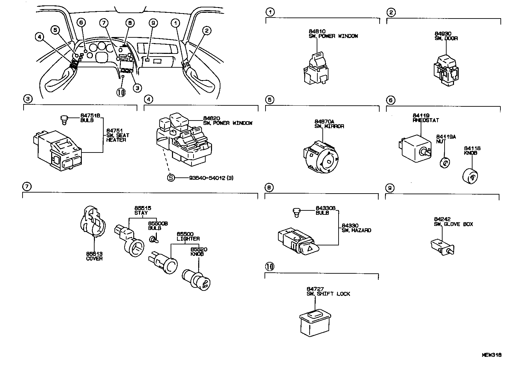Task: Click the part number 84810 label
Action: (x=317, y=31)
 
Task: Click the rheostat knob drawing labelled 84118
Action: (x=471, y=176)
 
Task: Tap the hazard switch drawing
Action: (x=298, y=241)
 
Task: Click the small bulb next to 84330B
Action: (x=296, y=211)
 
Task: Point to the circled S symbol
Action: (x=171, y=177)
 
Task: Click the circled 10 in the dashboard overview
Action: (x=120, y=92)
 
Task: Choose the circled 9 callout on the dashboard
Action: (x=153, y=23)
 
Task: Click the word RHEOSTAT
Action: (x=426, y=120)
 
